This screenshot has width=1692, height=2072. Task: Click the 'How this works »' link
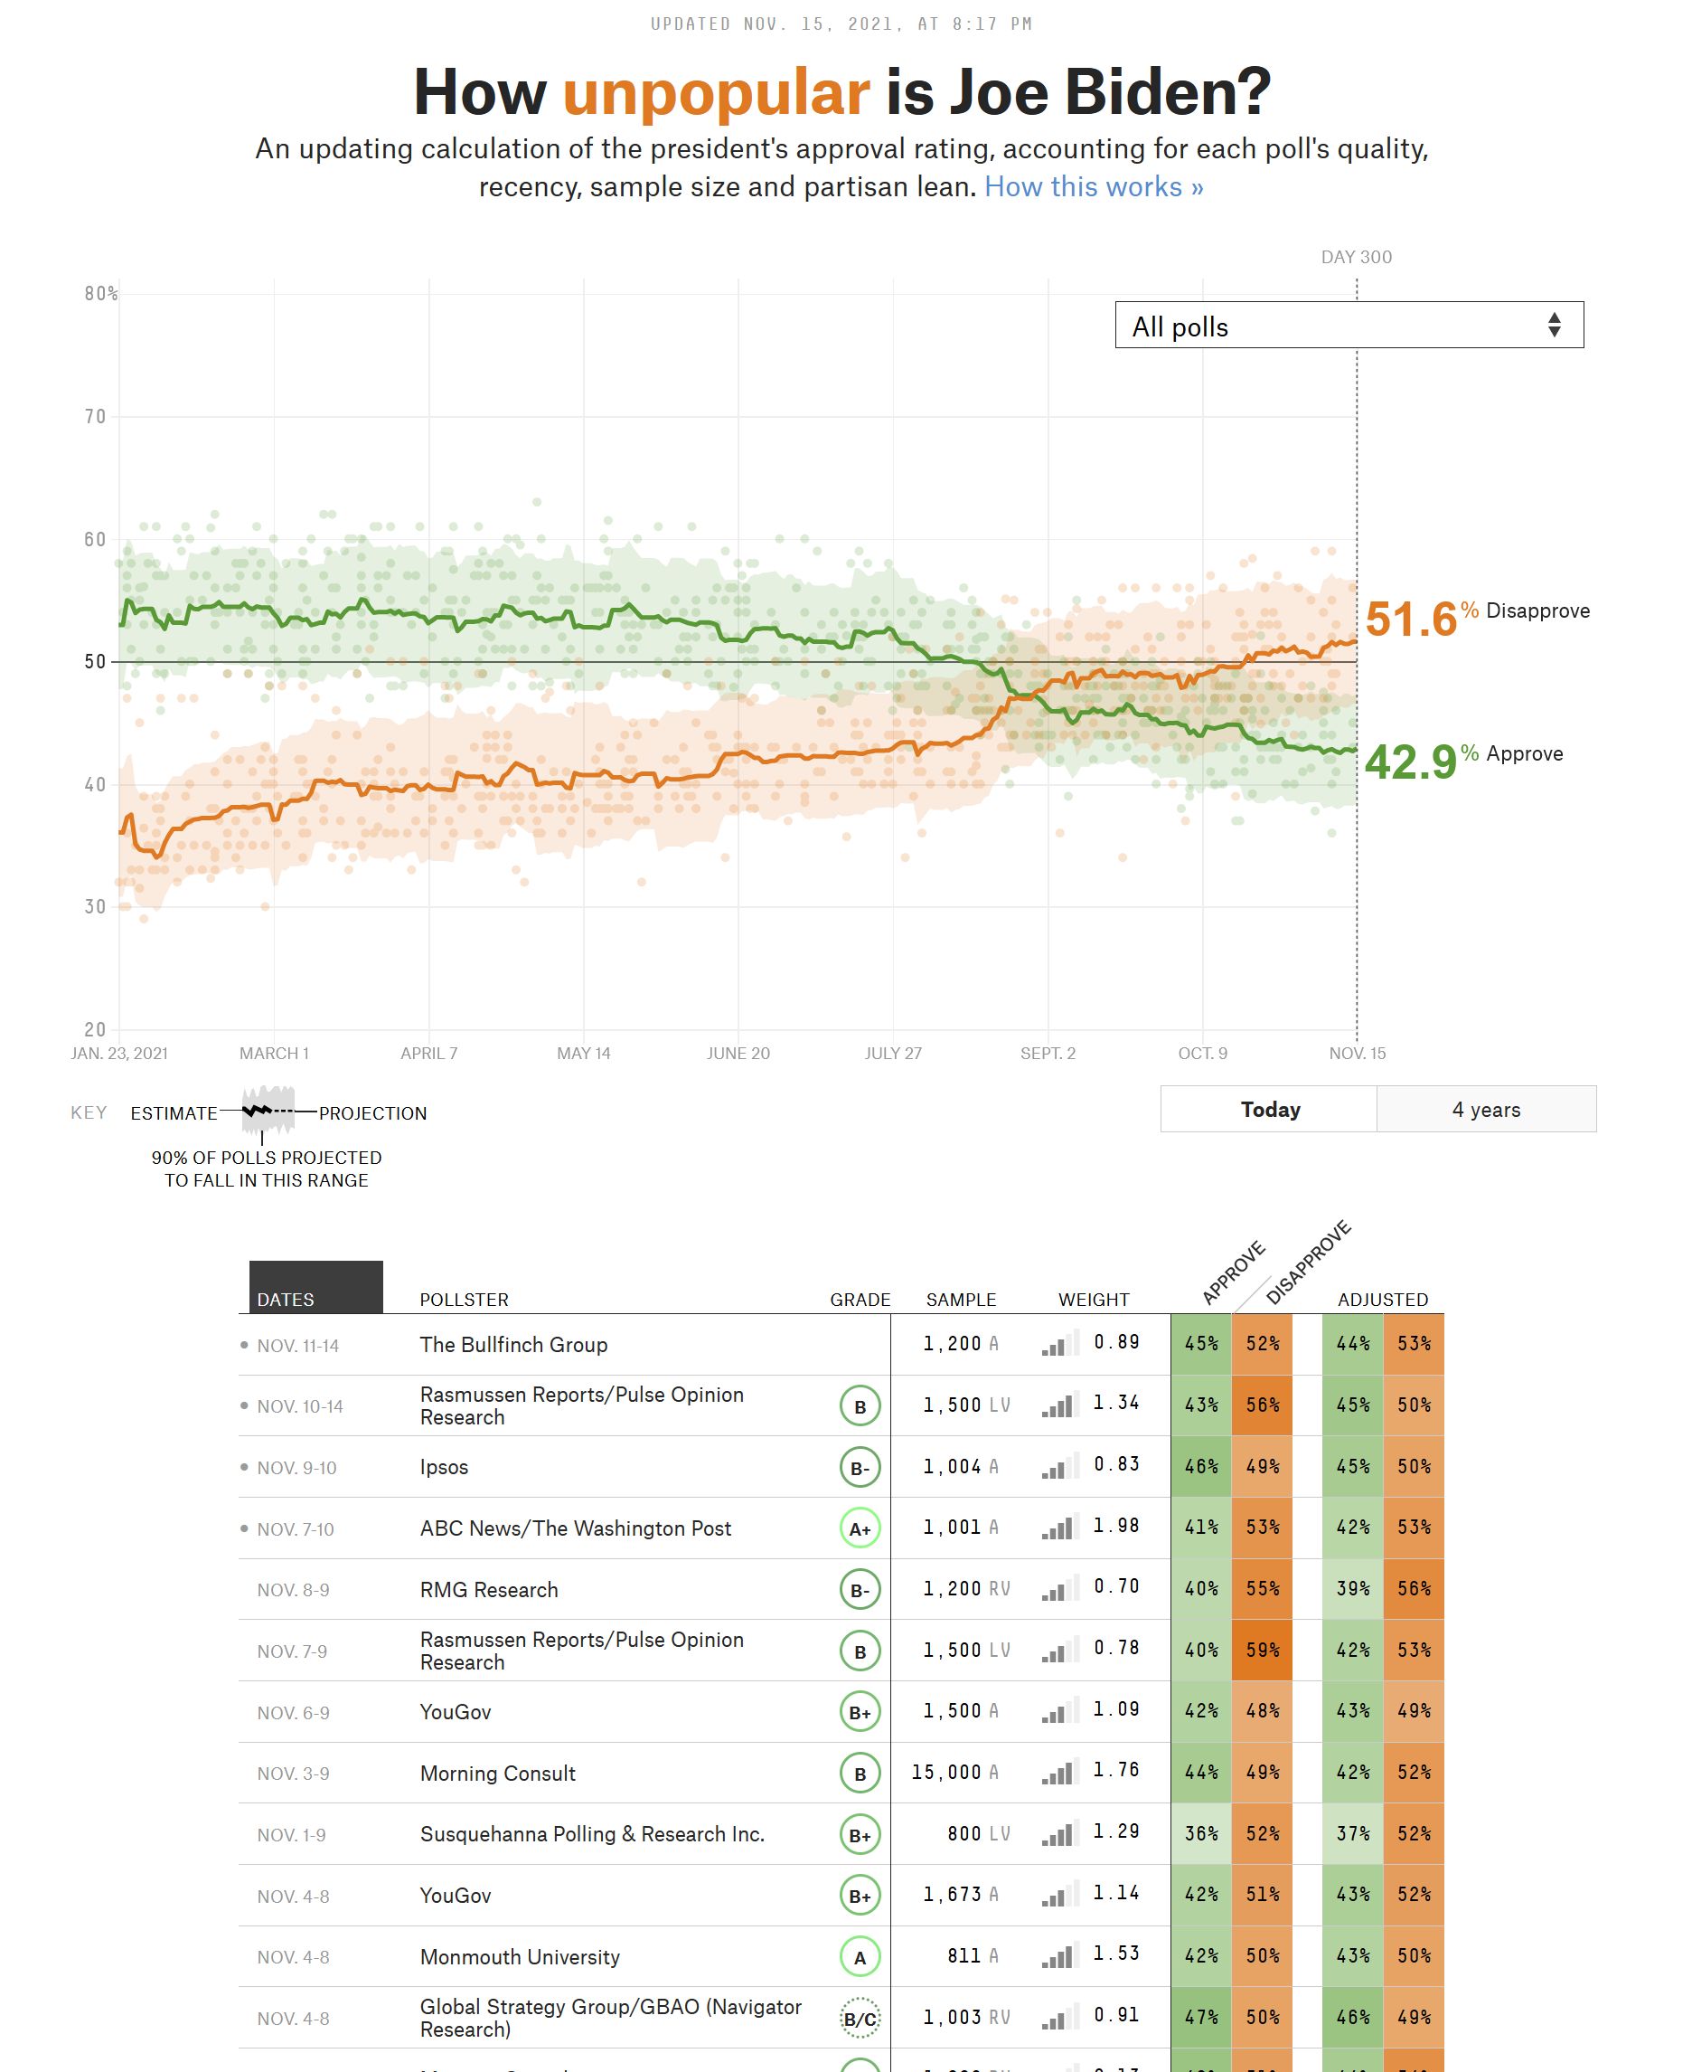1094,187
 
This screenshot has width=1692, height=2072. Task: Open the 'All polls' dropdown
1348,326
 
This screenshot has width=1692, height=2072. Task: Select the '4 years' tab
1485,1110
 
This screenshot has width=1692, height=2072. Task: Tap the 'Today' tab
1269,1110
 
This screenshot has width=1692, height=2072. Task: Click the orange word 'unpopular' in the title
716,93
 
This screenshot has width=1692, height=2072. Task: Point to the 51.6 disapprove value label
1410,620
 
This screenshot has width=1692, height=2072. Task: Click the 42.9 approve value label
1410,762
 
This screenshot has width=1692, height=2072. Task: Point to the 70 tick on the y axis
95,417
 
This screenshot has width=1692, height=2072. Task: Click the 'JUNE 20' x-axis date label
738,1054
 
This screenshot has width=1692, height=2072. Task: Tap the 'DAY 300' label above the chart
1356,258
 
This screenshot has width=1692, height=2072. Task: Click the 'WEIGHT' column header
1094,1300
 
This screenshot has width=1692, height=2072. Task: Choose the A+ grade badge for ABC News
860,1528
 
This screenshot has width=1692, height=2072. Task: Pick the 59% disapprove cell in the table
1262,1651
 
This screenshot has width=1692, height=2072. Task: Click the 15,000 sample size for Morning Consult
945,1773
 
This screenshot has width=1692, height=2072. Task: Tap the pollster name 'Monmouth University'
520,1957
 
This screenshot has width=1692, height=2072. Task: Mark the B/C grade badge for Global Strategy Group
860,2019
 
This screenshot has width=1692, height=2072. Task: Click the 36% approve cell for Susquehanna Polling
1201,1834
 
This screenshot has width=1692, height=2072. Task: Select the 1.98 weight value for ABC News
1116,1526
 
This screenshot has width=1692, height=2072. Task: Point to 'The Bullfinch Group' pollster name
513,1346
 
